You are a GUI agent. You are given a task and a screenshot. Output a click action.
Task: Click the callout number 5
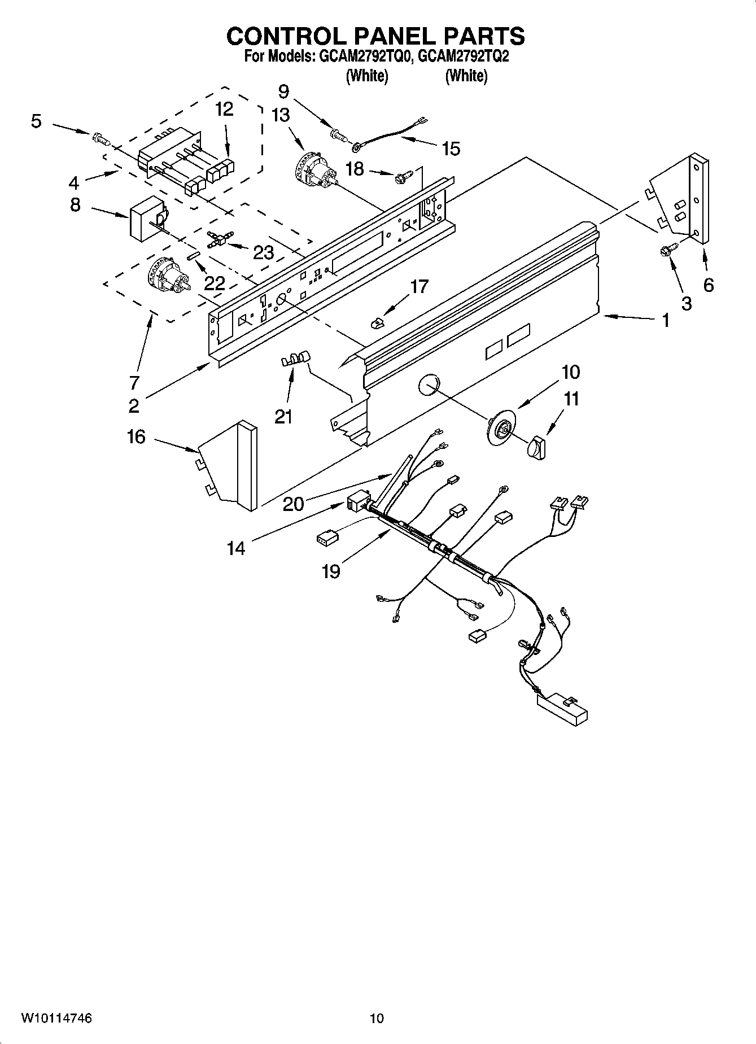pos(36,121)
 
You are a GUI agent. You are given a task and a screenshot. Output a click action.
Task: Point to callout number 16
pos(136,436)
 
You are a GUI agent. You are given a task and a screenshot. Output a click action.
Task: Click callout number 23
pos(263,252)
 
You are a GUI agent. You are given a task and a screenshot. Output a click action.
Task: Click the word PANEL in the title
pos(387,36)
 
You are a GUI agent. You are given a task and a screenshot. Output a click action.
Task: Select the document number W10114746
pos(56,1018)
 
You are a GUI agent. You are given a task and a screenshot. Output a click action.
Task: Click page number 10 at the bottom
pos(377,1018)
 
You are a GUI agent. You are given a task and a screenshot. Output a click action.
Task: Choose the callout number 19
pos(331,571)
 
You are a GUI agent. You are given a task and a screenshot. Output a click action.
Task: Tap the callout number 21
pos(283,417)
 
